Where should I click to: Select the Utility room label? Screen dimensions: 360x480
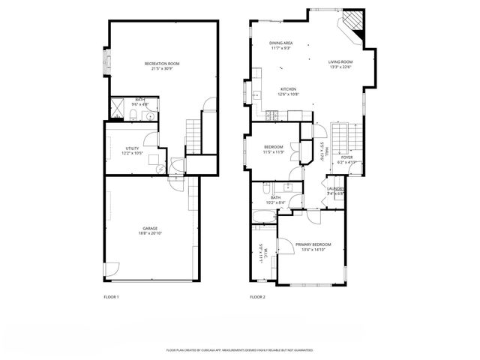tap(132, 150)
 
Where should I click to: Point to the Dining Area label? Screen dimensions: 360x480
tap(281, 45)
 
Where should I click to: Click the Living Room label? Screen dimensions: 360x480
tap(340, 64)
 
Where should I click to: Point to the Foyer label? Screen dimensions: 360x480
tap(346, 159)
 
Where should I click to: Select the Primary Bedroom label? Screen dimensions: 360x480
tap(313, 247)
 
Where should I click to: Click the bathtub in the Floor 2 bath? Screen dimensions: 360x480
tap(263, 217)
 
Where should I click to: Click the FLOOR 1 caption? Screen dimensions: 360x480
tap(111, 297)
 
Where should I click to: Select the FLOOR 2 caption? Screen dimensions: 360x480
tap(258, 297)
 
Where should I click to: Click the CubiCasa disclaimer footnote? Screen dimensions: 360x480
tap(239, 350)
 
